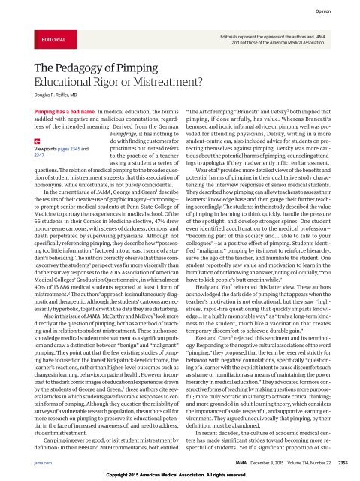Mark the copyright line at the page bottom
pyautogui.click(x=180, y=476)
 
